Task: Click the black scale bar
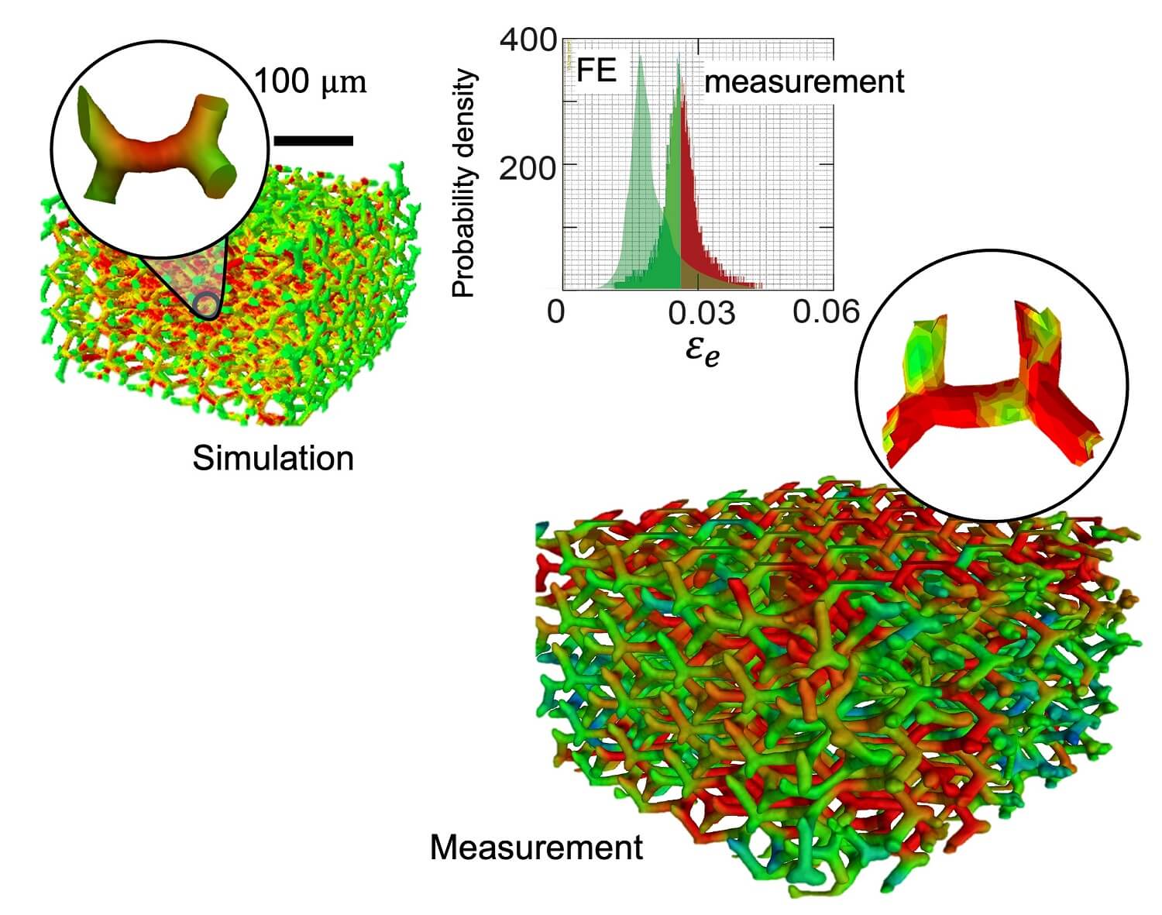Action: coord(314,140)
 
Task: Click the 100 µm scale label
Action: coord(310,81)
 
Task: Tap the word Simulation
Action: coord(273,458)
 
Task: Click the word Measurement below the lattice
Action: coord(536,847)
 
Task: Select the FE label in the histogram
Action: coord(596,71)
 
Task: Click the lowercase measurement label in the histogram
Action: coord(804,81)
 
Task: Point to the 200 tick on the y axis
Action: coord(528,166)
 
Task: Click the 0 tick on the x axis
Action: coord(556,311)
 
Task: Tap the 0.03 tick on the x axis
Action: coord(700,311)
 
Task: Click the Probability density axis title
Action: coord(463,184)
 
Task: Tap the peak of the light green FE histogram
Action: coord(641,62)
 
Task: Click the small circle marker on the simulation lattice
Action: coord(205,304)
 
